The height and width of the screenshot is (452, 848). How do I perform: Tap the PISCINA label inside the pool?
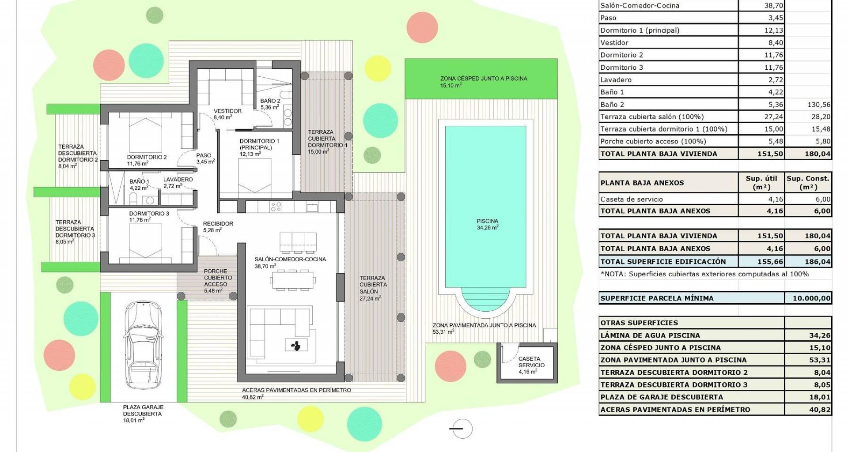pos(487,221)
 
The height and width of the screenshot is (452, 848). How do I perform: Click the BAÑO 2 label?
pos(270,101)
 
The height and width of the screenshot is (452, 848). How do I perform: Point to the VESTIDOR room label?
pos(227,111)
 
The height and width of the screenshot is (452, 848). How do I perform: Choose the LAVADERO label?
pos(178,180)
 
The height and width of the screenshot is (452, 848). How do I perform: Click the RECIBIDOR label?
pos(218,224)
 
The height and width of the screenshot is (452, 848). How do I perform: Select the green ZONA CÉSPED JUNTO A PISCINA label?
pos(484,79)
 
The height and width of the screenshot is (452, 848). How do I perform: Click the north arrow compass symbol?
pos(462,429)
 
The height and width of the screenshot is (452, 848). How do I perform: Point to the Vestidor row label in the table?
pos(614,43)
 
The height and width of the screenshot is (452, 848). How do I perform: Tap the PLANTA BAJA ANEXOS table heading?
pos(642,183)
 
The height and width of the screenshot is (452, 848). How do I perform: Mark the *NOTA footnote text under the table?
pos(704,274)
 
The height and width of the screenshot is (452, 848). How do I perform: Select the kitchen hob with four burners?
pos(276,207)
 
